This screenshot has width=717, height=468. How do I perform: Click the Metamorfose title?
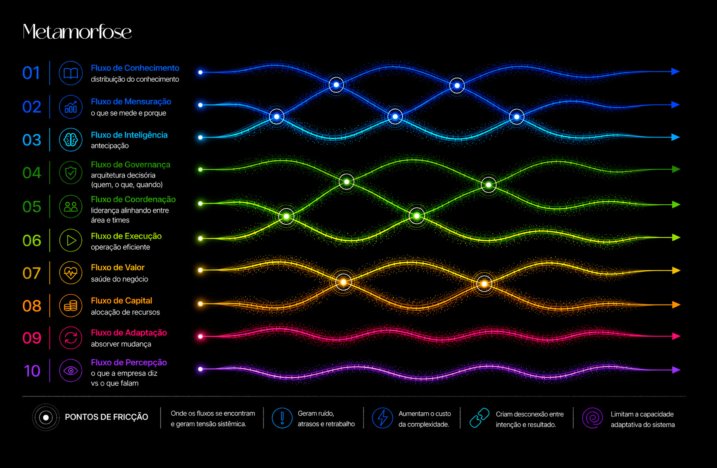click(77, 32)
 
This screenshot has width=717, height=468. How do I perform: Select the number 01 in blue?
click(31, 73)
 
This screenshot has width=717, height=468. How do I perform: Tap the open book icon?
click(71, 73)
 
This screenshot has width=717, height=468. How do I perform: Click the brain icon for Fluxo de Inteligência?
click(71, 140)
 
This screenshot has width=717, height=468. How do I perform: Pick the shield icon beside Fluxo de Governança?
click(71, 173)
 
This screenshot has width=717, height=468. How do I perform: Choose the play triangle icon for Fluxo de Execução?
click(71, 240)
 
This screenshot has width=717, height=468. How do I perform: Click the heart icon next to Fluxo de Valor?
click(71, 273)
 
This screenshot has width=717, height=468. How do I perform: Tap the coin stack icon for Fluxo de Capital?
click(71, 305)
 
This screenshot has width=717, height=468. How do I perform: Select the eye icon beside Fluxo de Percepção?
click(71, 371)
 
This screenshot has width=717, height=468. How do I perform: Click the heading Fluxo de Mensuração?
click(131, 102)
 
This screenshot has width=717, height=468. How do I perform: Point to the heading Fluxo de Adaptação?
click(129, 333)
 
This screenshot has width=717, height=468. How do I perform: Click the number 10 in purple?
click(32, 371)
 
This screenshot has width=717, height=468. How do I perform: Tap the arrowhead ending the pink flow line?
click(676, 336)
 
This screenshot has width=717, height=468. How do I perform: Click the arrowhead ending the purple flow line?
click(676, 370)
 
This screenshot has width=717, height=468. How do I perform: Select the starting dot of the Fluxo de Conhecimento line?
click(200, 72)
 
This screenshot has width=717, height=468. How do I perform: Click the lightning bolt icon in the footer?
click(382, 418)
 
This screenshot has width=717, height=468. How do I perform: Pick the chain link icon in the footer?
click(479, 418)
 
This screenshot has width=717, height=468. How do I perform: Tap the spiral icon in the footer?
click(593, 418)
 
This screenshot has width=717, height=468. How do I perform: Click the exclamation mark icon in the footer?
click(283, 418)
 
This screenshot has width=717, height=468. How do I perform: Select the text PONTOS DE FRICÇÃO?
click(107, 417)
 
